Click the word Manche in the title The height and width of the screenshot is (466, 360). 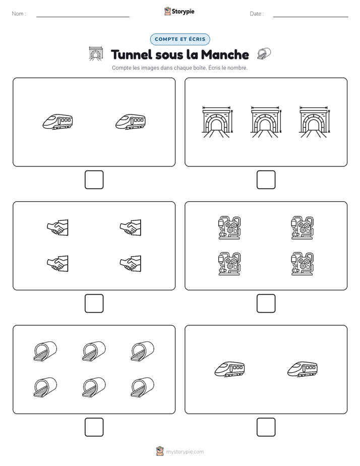pyautogui.click(x=225, y=54)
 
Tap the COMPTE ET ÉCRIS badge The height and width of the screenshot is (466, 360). pyautogui.click(x=180, y=39)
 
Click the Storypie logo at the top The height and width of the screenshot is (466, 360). pyautogui.click(x=179, y=11)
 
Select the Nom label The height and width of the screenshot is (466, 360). pyautogui.click(x=19, y=14)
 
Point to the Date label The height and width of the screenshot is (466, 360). pyautogui.click(x=257, y=14)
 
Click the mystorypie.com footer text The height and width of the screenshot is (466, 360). pyautogui.click(x=185, y=452)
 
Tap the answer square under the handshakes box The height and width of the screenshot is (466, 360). pyautogui.click(x=94, y=304)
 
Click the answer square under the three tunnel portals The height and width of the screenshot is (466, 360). pyautogui.click(x=266, y=180)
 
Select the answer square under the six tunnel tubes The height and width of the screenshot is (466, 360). pyautogui.click(x=94, y=427)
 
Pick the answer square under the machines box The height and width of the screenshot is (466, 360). pyautogui.click(x=266, y=304)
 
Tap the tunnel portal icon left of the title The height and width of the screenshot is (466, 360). pyautogui.click(x=96, y=54)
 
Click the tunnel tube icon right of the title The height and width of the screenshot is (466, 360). pyautogui.click(x=264, y=54)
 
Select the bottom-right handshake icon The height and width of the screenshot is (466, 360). pyautogui.click(x=131, y=264)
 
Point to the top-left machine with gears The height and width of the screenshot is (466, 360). pyautogui.click(x=229, y=227)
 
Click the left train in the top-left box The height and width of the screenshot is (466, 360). pyautogui.click(x=58, y=122)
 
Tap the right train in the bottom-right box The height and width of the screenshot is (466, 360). pyautogui.click(x=303, y=369)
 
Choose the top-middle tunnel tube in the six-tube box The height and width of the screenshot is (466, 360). pyautogui.click(x=94, y=352)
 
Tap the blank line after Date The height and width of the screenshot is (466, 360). pyautogui.click(x=311, y=17)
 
